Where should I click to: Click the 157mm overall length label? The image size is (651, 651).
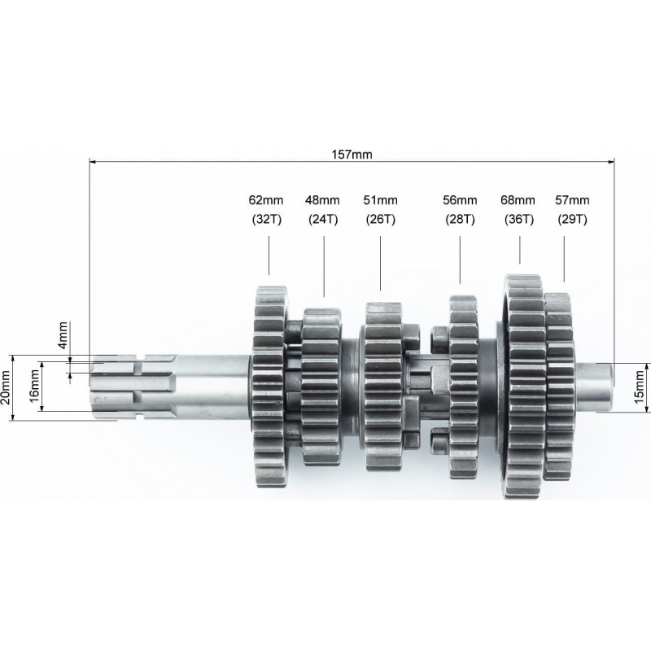click(352, 155)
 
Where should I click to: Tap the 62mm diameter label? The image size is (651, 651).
click(266, 200)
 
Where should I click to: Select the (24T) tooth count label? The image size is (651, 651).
click(323, 219)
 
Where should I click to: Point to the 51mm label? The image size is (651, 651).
click(380, 200)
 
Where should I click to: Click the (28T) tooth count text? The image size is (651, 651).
click(460, 219)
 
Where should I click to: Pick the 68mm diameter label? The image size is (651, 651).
click(518, 200)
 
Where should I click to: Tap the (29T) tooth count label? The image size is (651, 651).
click(573, 219)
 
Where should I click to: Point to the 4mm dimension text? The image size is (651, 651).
click(63, 335)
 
